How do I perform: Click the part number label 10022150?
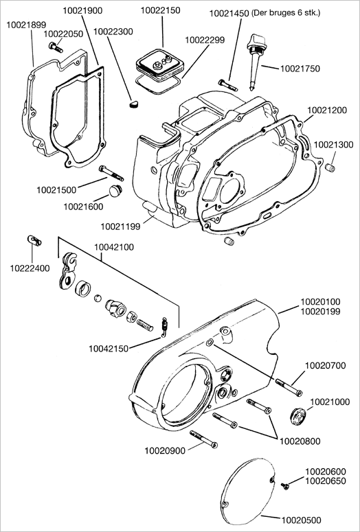[x=161, y=10]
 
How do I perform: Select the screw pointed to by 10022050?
[x=56, y=47]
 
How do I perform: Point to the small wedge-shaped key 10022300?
[x=133, y=104]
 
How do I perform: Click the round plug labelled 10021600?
[x=115, y=190]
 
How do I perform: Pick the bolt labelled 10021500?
[x=111, y=173]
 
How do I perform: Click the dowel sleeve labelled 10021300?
[x=330, y=167]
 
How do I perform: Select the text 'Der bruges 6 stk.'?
[x=286, y=13]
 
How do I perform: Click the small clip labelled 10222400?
[x=34, y=240]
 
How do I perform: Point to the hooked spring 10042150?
[x=165, y=327]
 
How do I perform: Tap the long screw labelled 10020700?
[x=289, y=387]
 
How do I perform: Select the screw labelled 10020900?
[x=203, y=439]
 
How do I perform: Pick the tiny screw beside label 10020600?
[x=285, y=486]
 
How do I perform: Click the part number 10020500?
[x=301, y=520]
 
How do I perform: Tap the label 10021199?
[x=120, y=227]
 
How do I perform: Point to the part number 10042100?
[x=114, y=247]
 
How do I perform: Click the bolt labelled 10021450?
[x=228, y=85]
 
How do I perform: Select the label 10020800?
[x=300, y=441]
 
